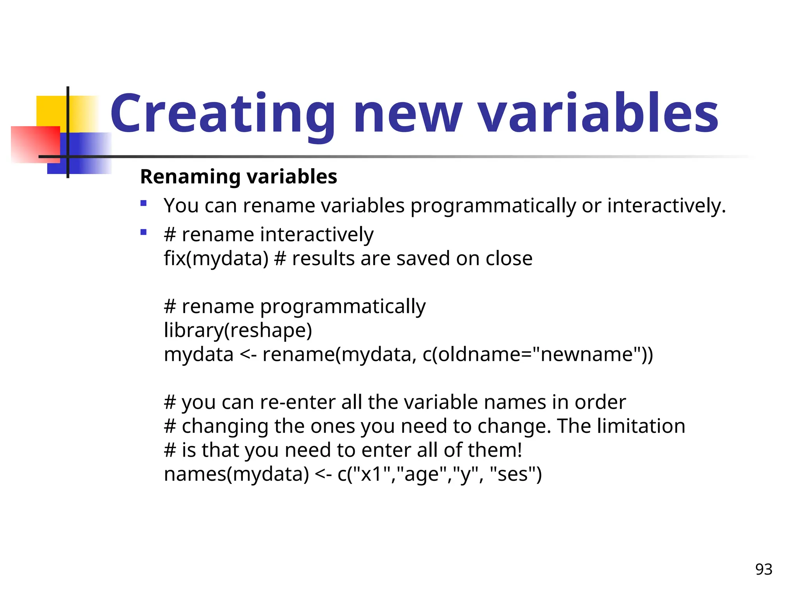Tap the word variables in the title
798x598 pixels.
click(598, 114)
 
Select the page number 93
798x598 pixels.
click(763, 570)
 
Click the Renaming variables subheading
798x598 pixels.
click(238, 177)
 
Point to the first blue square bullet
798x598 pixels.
click(143, 203)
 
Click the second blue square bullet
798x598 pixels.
click(143, 232)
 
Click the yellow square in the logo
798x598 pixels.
click(53, 111)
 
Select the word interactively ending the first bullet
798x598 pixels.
click(666, 206)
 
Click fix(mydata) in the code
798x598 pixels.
click(216, 259)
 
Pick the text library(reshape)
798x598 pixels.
click(238, 331)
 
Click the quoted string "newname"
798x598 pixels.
click(587, 355)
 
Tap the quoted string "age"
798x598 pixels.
click(422, 475)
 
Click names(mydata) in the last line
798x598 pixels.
click(236, 475)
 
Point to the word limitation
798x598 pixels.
click(640, 426)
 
